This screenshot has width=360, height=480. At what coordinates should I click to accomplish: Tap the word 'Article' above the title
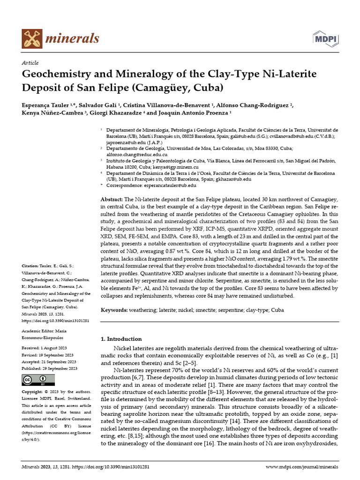[30, 63]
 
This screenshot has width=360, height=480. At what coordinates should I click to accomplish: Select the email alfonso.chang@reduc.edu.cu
[134, 153]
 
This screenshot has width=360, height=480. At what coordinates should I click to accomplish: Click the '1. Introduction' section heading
[121, 339]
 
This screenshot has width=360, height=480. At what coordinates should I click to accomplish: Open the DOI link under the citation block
[56, 321]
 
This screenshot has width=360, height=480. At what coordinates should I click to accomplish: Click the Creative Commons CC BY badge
[35, 379]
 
